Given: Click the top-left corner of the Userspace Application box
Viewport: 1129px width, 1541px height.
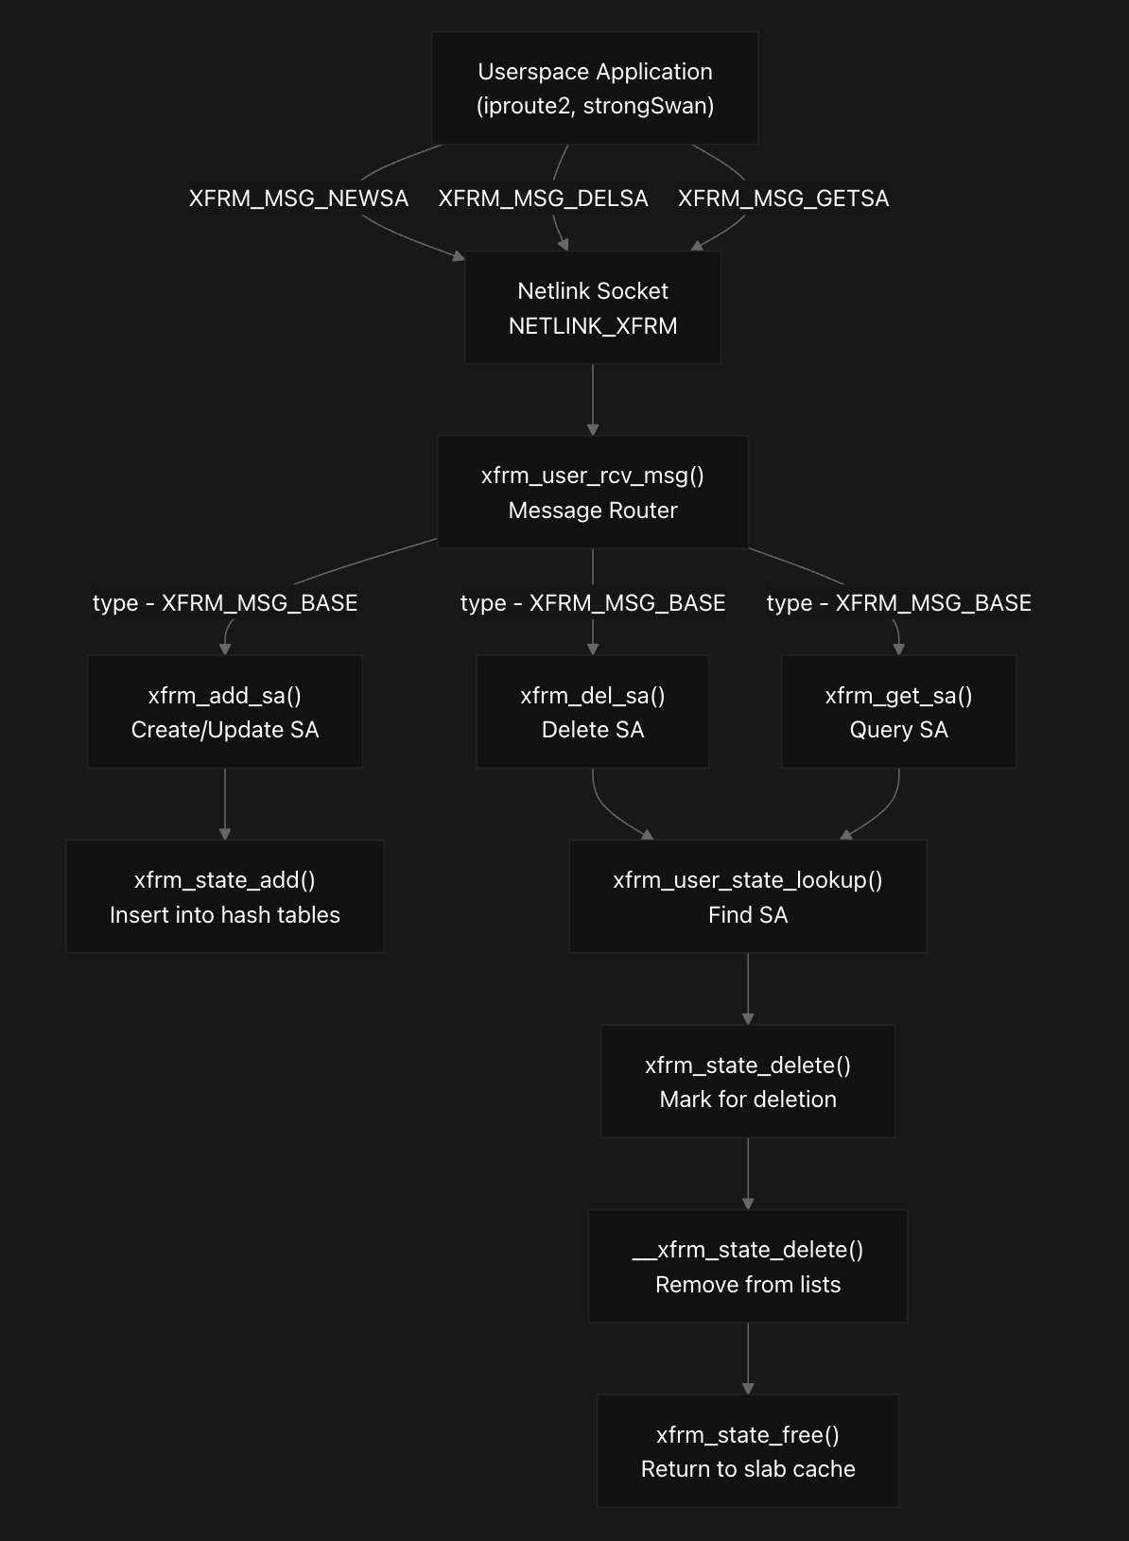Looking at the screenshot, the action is tap(432, 32).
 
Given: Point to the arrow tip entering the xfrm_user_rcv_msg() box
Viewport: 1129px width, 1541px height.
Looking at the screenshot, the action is tap(592, 436).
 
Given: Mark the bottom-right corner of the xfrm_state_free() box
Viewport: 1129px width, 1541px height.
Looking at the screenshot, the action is tap(898, 1507).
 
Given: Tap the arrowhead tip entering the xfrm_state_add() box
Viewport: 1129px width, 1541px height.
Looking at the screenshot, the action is tap(225, 840).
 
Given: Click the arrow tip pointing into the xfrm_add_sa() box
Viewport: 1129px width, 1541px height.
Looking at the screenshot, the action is tap(225, 655).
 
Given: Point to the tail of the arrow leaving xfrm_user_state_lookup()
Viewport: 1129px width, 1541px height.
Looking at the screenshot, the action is tap(748, 954).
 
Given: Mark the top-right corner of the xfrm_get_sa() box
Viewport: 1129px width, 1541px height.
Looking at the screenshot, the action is tap(1016, 655).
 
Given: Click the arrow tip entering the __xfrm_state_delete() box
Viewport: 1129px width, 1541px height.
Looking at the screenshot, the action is tap(748, 1210).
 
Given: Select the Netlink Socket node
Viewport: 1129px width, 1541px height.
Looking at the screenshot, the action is tap(592, 307).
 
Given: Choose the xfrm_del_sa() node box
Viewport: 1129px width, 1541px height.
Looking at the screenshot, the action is tap(592, 711).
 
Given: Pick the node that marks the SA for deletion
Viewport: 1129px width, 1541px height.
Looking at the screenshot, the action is tap(748, 1082).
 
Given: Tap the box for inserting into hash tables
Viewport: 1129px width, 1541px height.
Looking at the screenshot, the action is tap(225, 896).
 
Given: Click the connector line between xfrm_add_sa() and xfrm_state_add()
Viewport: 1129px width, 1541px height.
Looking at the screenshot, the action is tap(225, 804).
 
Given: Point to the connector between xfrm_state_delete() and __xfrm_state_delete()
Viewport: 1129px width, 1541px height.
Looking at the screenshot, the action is tap(748, 1173).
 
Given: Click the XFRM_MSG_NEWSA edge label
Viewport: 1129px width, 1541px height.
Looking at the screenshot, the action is tap(299, 199).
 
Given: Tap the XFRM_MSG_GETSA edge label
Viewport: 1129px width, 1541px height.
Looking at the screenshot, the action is tap(784, 199).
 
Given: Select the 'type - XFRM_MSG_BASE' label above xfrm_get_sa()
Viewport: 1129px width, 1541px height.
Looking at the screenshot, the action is tap(898, 602).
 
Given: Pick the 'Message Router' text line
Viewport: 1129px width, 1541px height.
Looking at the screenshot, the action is tap(592, 511).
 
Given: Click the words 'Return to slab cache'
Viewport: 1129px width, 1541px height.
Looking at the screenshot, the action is tap(748, 1469).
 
